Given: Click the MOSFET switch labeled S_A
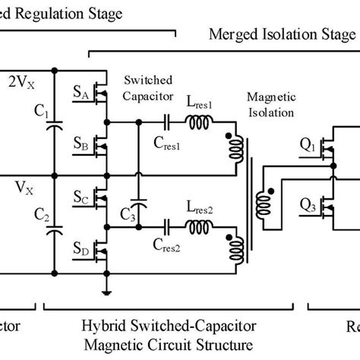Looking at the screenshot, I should (101, 93).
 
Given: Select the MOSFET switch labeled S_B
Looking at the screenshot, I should (101, 144).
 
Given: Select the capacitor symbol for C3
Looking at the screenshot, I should (137, 205).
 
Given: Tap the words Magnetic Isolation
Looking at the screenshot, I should (267, 106).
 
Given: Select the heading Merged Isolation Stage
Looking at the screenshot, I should (282, 35).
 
